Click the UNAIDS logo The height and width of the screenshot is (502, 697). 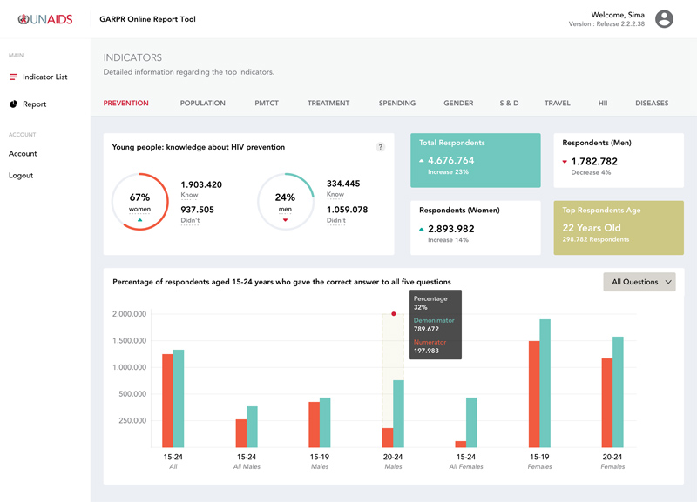click(x=44, y=19)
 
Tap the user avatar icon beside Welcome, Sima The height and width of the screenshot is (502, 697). click(x=664, y=19)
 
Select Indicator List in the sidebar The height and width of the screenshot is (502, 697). click(x=44, y=77)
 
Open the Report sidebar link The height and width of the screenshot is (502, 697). click(x=34, y=104)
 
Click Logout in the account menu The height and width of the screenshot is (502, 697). click(x=21, y=176)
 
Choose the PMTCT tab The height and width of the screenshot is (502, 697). click(x=266, y=104)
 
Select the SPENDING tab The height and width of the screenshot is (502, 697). click(x=396, y=104)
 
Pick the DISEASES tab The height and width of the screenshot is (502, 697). click(x=652, y=104)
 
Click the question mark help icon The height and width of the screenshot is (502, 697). click(x=380, y=147)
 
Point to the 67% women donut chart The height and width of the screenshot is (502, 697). click(x=139, y=202)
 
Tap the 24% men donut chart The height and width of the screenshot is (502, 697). click(x=285, y=202)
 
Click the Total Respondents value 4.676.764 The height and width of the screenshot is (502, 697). click(x=450, y=160)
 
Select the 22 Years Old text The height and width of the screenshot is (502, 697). click(x=592, y=228)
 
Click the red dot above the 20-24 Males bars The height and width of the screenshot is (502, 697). click(x=394, y=314)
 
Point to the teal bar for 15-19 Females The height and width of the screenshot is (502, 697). click(x=545, y=384)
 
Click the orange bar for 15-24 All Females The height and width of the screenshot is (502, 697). click(x=460, y=444)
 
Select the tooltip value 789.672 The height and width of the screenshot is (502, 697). click(x=426, y=330)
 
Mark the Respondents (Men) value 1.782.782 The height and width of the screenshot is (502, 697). click(x=593, y=161)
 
